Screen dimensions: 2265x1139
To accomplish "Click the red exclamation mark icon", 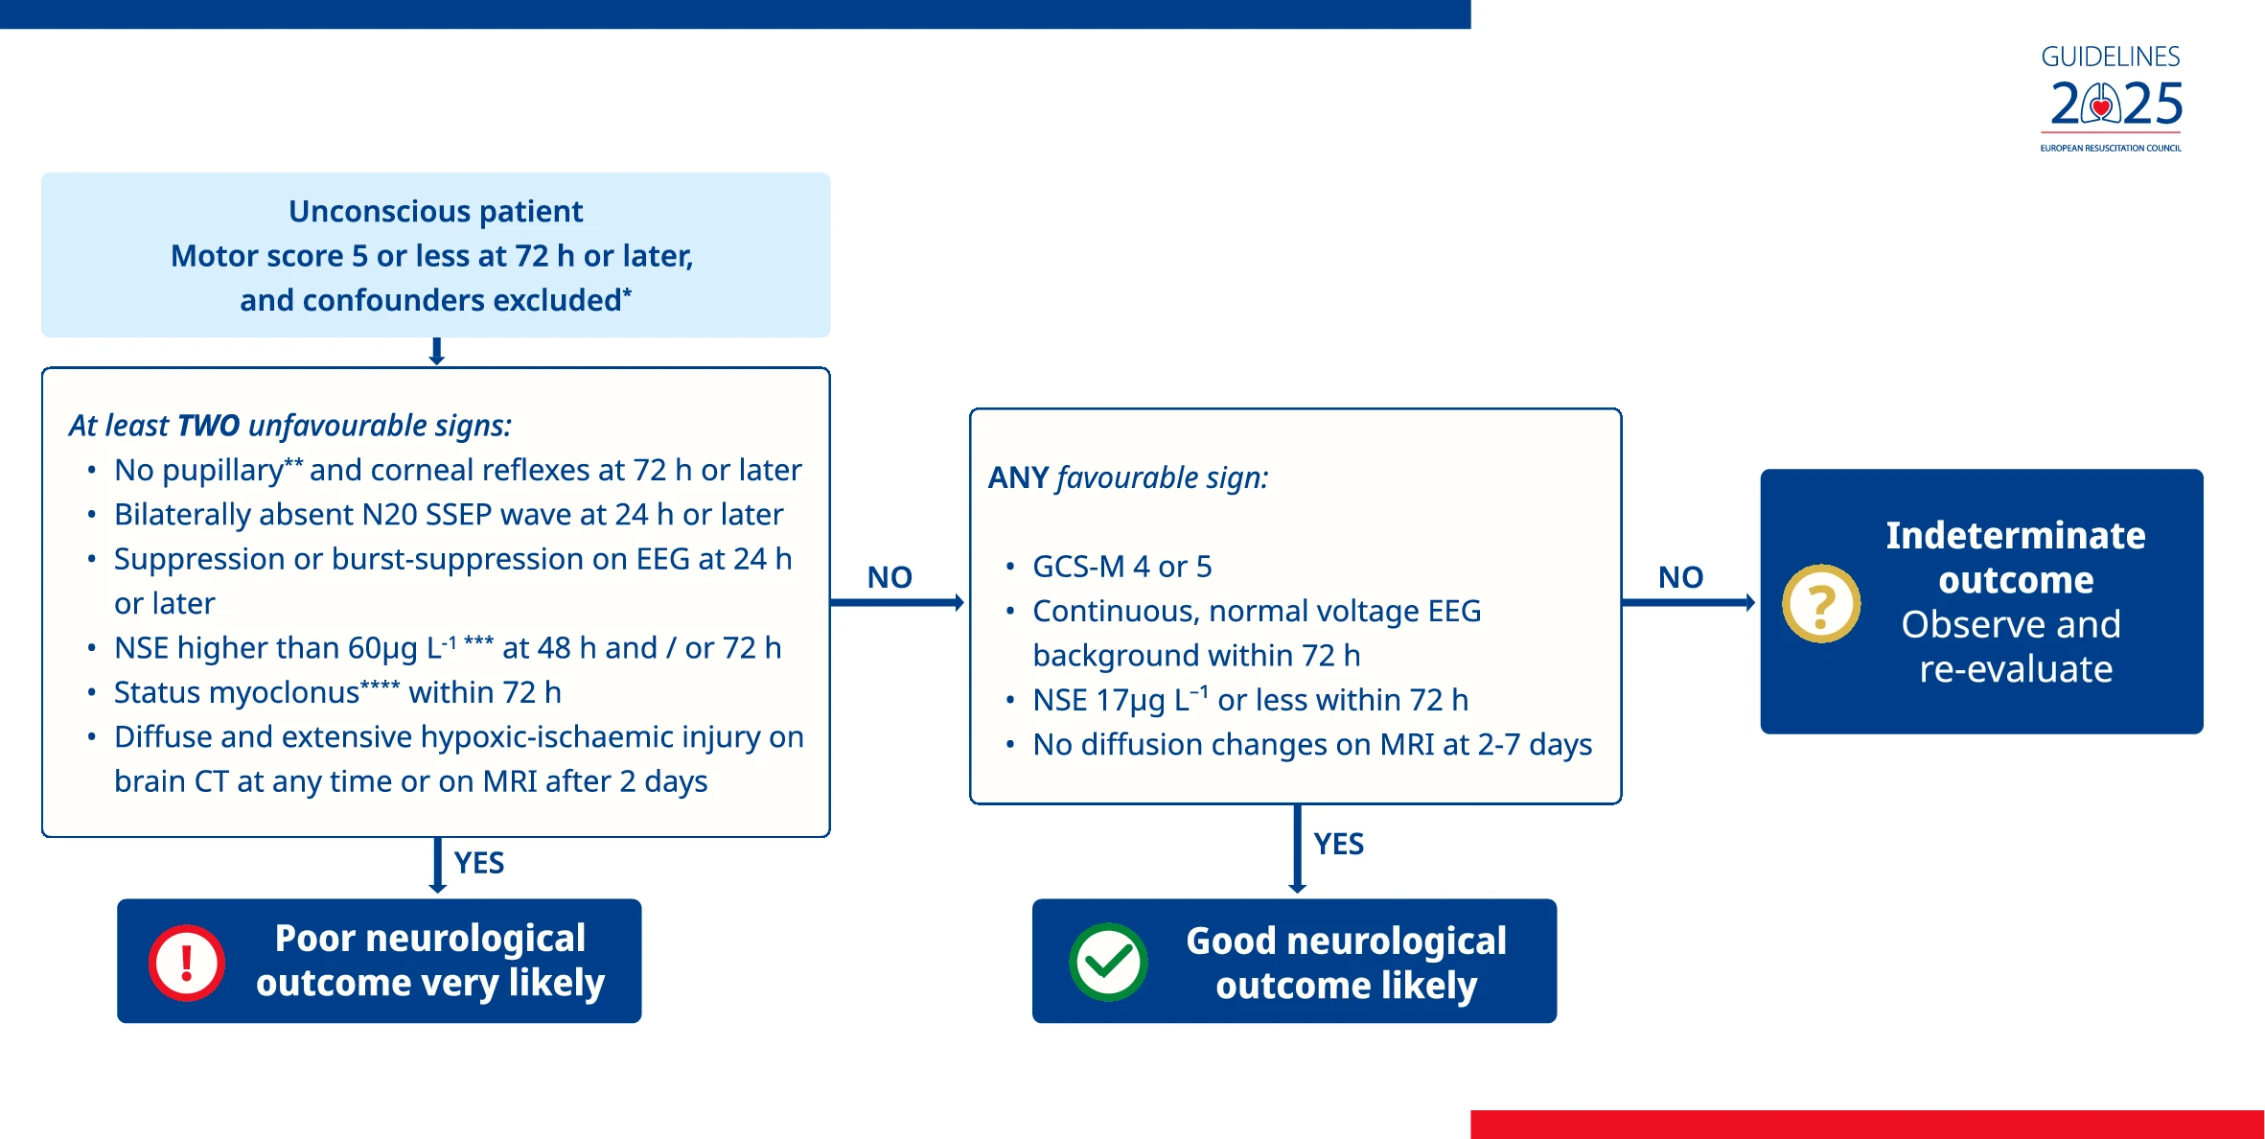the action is click(x=187, y=963).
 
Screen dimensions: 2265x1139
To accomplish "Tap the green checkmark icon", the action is click(x=1108, y=963).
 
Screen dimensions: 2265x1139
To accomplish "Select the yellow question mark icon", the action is click(x=1821, y=604).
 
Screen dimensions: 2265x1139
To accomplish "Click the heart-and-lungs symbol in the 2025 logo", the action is click(x=2101, y=105).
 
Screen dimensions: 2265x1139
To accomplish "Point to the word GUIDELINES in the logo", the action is click(x=2111, y=57).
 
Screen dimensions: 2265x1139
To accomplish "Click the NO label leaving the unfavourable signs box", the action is click(x=890, y=577).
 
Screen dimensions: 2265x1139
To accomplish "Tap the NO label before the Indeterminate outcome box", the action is click(x=1681, y=577).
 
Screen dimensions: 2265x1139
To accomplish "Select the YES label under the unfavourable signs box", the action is click(x=479, y=863).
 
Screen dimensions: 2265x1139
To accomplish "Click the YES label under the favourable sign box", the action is click(x=1339, y=844).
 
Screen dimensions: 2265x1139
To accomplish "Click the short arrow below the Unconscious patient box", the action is click(x=436, y=351).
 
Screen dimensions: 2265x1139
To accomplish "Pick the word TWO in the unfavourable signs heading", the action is click(x=209, y=425).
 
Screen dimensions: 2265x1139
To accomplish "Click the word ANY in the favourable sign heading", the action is click(x=1019, y=477).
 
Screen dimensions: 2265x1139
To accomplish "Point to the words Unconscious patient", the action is click(x=436, y=211).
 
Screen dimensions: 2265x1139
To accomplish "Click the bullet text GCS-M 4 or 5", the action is click(x=1122, y=567).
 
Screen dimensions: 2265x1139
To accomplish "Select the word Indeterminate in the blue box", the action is click(x=2016, y=535).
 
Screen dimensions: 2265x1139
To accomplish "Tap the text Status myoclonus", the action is click(x=237, y=692).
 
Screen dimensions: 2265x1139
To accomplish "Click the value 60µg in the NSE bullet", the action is click(x=382, y=649).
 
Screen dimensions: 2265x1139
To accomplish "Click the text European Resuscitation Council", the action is click(x=2111, y=149).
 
